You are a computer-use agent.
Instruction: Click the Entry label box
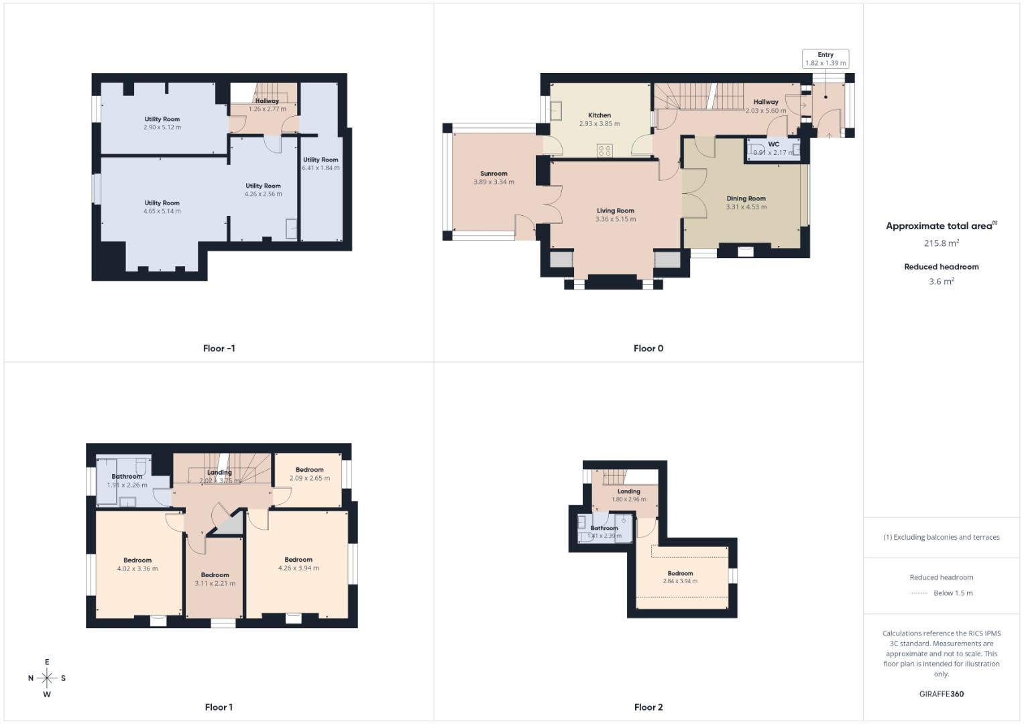(x=826, y=59)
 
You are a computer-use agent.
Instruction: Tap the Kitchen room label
(x=600, y=115)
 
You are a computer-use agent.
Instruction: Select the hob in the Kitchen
(x=604, y=151)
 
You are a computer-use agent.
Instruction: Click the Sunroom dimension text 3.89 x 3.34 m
(x=494, y=182)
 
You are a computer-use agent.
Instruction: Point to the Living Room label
(x=615, y=210)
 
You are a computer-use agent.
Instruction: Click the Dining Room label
(x=746, y=198)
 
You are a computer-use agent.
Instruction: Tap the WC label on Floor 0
(x=773, y=144)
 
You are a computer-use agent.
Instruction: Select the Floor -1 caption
(x=219, y=349)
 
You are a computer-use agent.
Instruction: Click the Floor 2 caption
(x=648, y=707)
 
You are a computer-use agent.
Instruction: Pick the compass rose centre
(x=47, y=678)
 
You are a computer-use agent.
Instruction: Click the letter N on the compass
(x=31, y=678)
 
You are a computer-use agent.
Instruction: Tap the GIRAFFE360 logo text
(x=941, y=694)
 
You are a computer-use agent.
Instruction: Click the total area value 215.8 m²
(x=941, y=243)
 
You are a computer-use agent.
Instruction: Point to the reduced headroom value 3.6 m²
(x=941, y=282)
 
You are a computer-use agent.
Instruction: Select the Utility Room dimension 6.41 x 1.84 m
(x=321, y=168)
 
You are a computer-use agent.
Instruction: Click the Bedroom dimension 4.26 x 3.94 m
(x=298, y=568)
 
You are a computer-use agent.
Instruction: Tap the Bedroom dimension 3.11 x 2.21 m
(x=215, y=583)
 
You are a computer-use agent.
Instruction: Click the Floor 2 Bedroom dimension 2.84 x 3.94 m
(x=680, y=581)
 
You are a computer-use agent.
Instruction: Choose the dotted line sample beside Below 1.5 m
(x=918, y=593)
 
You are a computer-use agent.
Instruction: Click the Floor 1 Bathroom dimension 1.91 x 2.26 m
(x=127, y=485)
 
